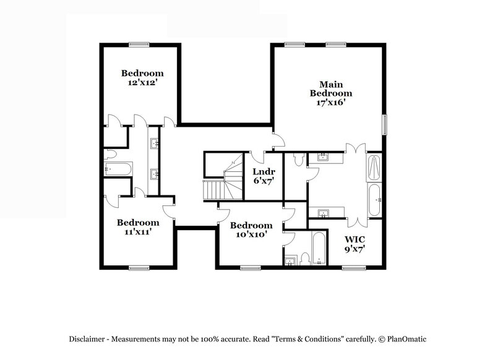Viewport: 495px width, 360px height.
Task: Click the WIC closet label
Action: click(355, 239)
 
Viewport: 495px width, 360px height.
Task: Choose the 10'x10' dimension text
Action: click(250, 234)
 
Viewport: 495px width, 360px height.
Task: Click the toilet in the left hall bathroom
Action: click(110, 153)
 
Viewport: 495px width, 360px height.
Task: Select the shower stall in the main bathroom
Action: click(375, 168)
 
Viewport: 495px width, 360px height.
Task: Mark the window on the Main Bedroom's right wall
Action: click(384, 124)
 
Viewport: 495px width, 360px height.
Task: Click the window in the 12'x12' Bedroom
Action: click(139, 44)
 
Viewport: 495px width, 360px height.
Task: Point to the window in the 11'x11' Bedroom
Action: click(139, 268)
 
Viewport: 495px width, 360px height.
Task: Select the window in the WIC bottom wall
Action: click(353, 268)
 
